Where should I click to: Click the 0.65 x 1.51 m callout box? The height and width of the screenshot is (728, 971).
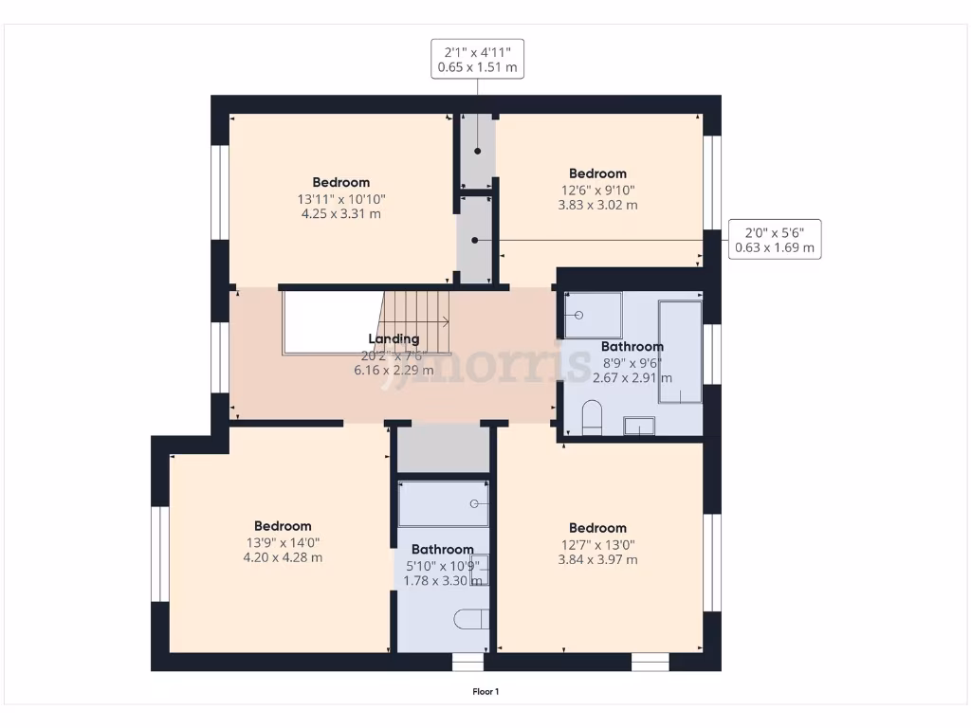pos(477,59)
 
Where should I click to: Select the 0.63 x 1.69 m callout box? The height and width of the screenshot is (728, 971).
pos(774,239)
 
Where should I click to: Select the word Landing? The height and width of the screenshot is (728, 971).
pos(394,339)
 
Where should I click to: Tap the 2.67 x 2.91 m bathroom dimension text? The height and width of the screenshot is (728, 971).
pos(632,377)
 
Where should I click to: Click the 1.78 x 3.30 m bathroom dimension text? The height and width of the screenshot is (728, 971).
pos(442,580)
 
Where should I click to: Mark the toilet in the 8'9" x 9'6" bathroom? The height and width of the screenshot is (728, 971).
pos(592,417)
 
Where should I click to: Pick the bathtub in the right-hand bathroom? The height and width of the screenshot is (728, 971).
pos(680,353)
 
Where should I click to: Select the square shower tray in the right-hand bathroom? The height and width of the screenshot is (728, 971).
pos(594,316)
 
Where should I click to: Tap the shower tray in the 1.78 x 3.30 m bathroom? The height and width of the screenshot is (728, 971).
pos(443,503)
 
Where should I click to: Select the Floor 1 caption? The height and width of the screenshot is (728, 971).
pos(485,692)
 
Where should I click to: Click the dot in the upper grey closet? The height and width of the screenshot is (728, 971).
pos(478,151)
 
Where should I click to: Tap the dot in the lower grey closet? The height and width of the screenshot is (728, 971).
pos(475,241)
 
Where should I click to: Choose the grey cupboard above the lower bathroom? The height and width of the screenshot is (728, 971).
pos(443,449)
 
